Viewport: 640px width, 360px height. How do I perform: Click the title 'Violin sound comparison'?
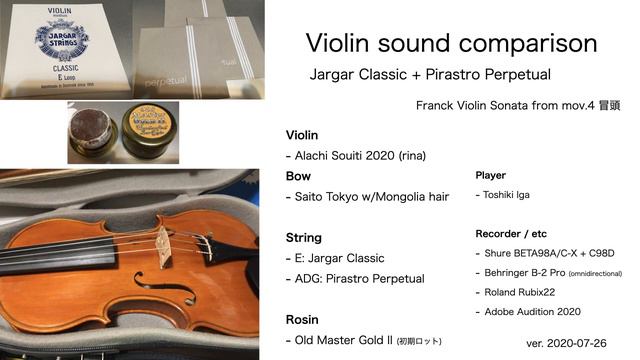pyautogui.click(x=451, y=43)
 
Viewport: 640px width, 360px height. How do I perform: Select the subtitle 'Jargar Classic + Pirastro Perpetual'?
pyautogui.click(x=430, y=75)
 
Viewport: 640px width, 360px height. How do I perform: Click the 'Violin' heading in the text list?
pyautogui.click(x=302, y=135)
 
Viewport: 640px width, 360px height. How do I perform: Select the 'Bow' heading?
pyautogui.click(x=298, y=176)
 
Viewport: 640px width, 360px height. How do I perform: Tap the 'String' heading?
pyautogui.click(x=304, y=238)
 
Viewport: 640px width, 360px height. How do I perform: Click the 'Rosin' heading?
pyautogui.click(x=303, y=320)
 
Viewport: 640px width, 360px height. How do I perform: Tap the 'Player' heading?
pyautogui.click(x=490, y=176)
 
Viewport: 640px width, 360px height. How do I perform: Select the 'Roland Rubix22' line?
pyautogui.click(x=520, y=291)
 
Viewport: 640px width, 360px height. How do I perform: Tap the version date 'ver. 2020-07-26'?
pyautogui.click(x=566, y=342)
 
